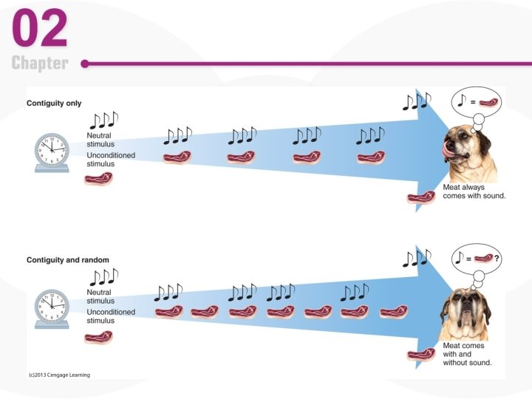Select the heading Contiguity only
[54, 103]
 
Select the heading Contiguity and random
[68, 260]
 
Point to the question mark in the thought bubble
[497, 259]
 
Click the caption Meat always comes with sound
[474, 192]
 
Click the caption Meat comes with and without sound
[467, 354]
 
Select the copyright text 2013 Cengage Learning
[59, 375]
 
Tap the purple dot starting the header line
[85, 64]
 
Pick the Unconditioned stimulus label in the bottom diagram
[111, 316]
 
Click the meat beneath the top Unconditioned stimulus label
[98, 179]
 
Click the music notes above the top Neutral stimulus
[103, 120]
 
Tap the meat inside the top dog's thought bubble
[489, 102]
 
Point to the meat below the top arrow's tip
[420, 197]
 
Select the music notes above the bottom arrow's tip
[417, 259]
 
